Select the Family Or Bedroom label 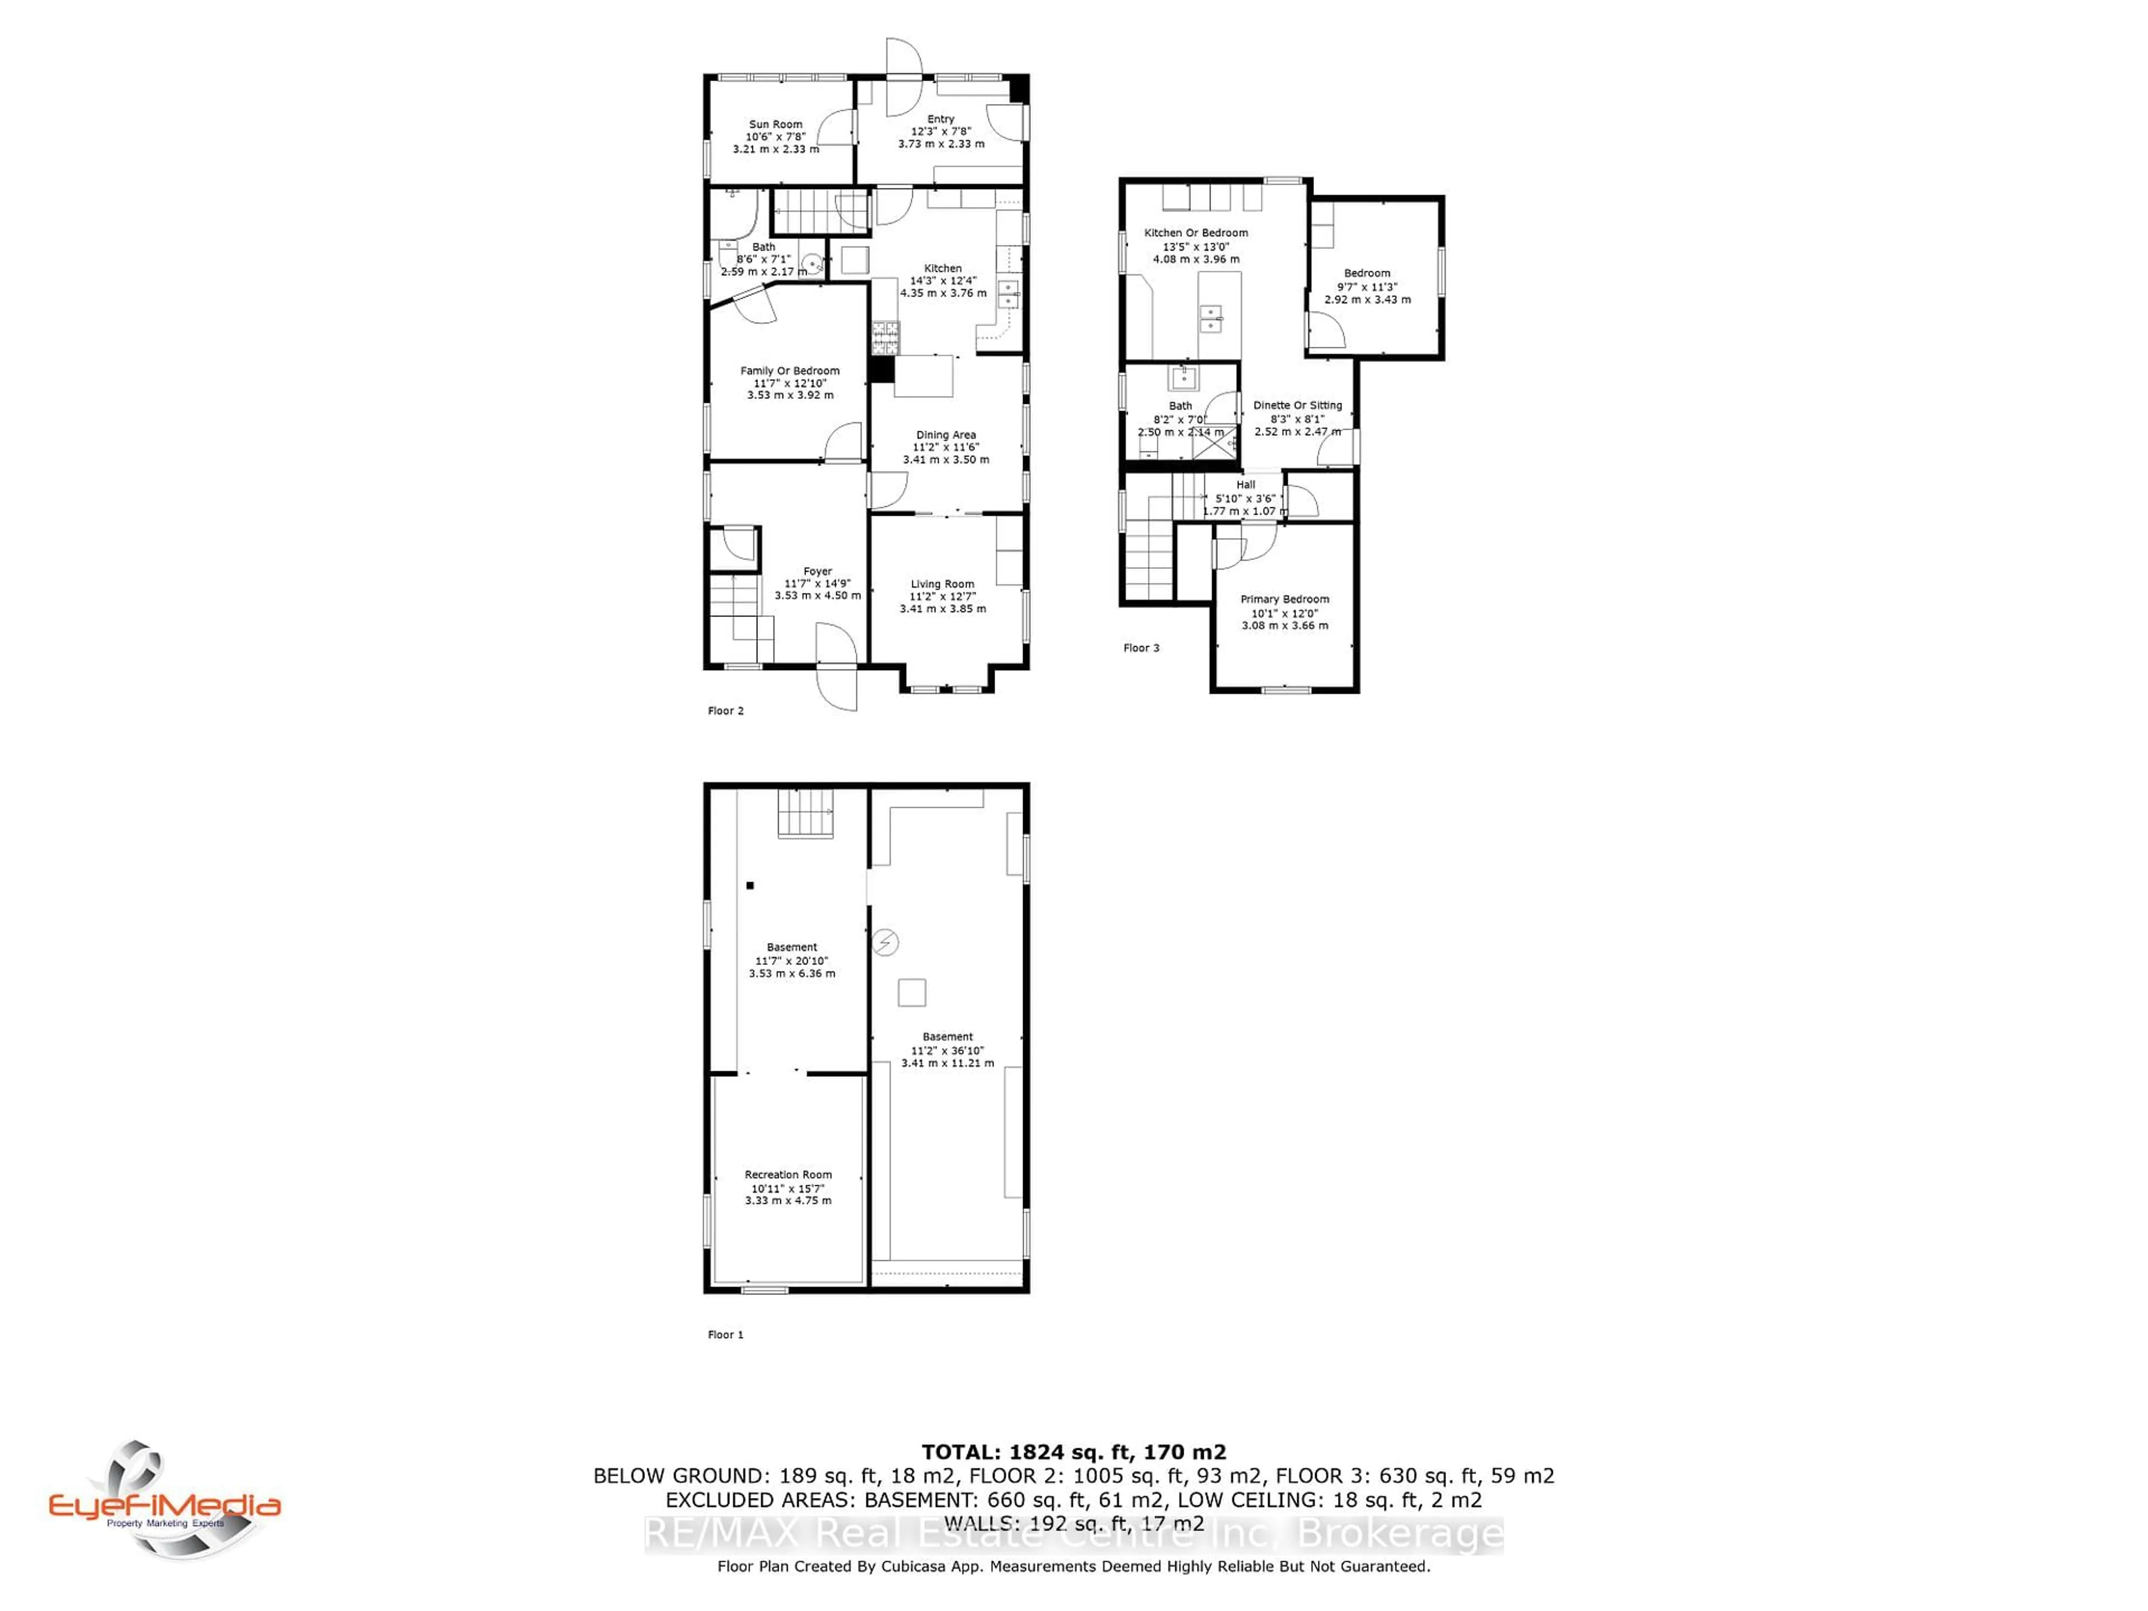(x=789, y=371)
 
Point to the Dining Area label (x=946, y=435)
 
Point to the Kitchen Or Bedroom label (x=1195, y=233)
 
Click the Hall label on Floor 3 (x=1245, y=484)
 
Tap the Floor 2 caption (x=726, y=711)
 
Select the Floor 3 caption (x=1141, y=648)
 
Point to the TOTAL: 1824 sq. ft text (x=1073, y=1452)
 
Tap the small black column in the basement (x=750, y=885)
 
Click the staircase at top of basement (x=805, y=814)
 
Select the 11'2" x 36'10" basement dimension (x=947, y=1051)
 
